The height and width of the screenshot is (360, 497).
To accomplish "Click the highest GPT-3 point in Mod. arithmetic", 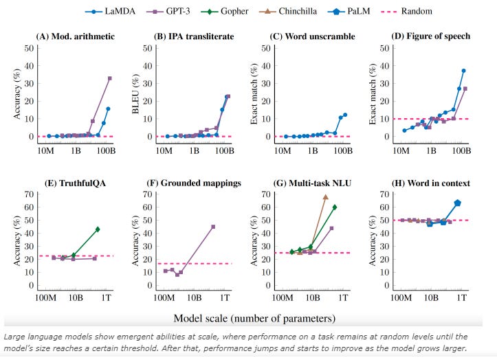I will pyautogui.click(x=109, y=78).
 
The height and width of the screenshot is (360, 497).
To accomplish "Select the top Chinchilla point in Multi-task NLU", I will pyautogui.click(x=325, y=197).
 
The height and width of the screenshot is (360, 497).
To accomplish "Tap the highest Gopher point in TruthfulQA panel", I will pyautogui.click(x=98, y=229).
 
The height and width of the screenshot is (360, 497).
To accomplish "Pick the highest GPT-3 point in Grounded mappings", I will pyautogui.click(x=213, y=227).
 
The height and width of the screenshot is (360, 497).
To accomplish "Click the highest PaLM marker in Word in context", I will pyautogui.click(x=458, y=203).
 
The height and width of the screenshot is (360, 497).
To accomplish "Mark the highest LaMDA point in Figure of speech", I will pyautogui.click(x=464, y=71).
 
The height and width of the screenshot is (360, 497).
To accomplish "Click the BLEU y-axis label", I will pyautogui.click(x=135, y=92).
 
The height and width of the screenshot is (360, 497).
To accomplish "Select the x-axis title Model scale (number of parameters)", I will pyautogui.click(x=255, y=317).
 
